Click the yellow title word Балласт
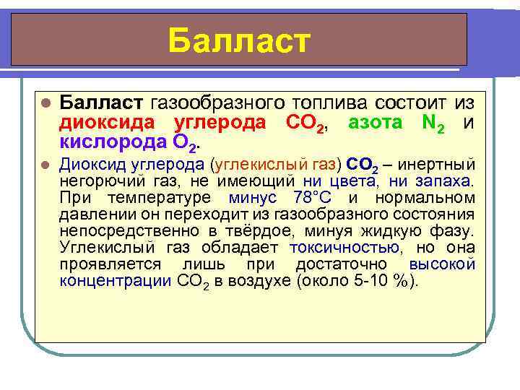tap(239, 40)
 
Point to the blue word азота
tap(375, 122)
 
